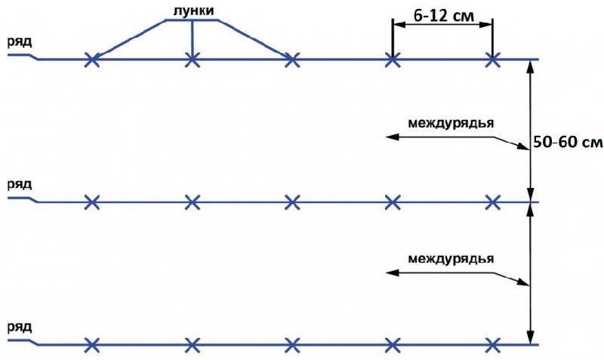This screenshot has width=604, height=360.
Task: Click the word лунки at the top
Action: (193, 11)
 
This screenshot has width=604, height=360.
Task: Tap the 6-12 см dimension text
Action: (443, 16)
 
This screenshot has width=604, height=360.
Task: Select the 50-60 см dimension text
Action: (568, 142)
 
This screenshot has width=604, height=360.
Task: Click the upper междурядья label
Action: (451, 123)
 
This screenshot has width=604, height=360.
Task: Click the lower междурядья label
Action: (451, 258)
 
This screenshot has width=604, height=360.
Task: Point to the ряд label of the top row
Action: (20, 42)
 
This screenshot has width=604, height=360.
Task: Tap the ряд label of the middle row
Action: (20, 184)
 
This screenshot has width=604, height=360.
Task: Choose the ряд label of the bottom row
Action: (20, 328)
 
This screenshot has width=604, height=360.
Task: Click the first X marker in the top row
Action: (91, 60)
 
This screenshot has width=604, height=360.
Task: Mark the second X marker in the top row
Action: (193, 60)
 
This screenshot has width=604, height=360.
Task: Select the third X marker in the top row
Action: (292, 60)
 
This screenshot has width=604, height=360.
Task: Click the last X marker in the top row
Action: (493, 60)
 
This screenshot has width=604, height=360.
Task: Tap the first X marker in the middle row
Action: (91, 202)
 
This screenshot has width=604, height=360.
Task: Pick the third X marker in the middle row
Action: (292, 202)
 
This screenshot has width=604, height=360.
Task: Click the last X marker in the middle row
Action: (493, 202)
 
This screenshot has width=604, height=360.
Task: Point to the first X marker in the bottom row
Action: (91, 345)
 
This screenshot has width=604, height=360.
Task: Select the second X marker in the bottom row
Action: (193, 345)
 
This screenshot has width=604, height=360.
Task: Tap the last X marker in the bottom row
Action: (493, 345)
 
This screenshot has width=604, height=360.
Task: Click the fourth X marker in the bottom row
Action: (393, 345)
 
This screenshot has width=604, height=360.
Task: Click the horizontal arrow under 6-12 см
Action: (442, 25)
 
